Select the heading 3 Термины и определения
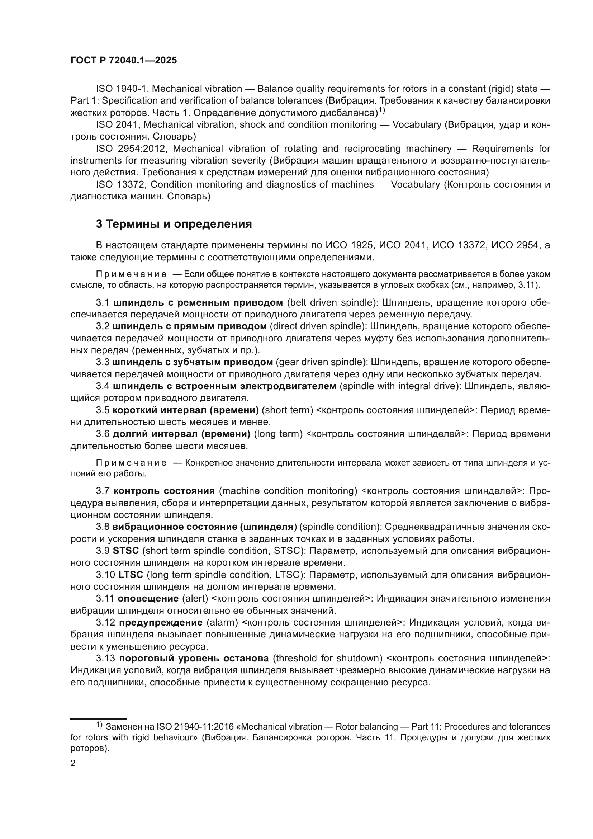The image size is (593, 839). coord(174,224)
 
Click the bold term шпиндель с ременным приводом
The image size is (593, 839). coord(198,303)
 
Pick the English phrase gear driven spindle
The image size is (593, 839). coord(321,362)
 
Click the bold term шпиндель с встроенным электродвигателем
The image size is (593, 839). coord(224,386)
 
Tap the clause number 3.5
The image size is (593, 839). coord(103,410)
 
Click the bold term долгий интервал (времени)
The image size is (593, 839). coord(181,434)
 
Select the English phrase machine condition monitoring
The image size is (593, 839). coord(290,491)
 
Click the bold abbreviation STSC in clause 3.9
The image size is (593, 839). coord(125,551)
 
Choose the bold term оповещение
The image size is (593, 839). coord(147,599)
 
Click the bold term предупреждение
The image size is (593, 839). coord(161,623)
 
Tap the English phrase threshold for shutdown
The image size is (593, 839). coord(327,659)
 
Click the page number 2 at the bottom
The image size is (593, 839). coord(73,763)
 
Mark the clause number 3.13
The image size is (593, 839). coord(105,659)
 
